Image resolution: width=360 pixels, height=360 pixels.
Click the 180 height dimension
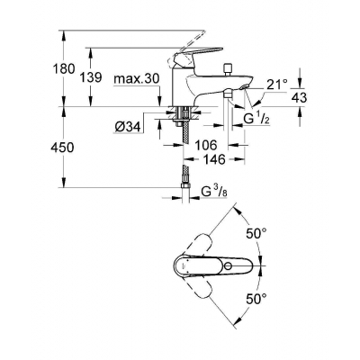tap(64, 69)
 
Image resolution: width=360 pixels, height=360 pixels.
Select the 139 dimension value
tap(91, 77)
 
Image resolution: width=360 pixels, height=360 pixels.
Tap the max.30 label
tap(136, 79)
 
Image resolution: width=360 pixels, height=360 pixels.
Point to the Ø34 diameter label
tap(128, 128)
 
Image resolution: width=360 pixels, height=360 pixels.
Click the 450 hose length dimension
tap(63, 148)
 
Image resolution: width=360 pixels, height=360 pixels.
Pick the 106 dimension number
tap(206, 145)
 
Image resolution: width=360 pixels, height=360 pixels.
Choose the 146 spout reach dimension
tap(214, 159)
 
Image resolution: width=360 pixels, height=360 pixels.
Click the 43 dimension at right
tap(299, 98)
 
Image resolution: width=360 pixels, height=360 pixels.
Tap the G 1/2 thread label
tap(256, 120)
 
